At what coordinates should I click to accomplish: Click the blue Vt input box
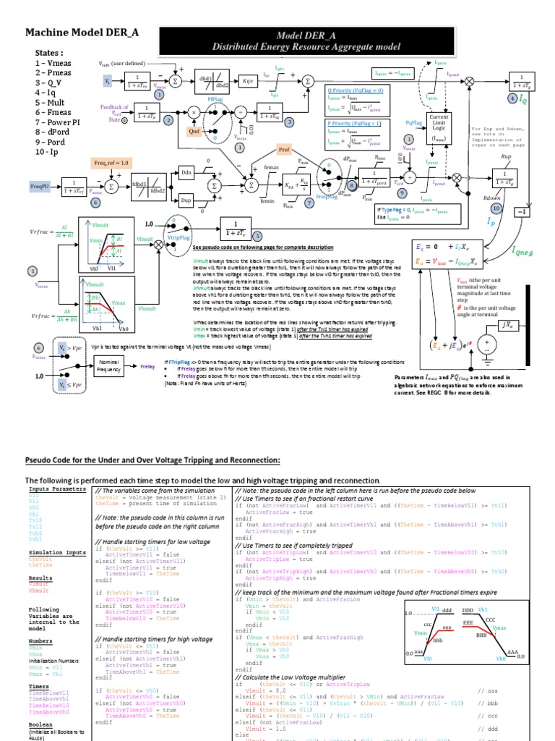[108, 82]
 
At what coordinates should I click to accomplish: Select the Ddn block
[186, 173]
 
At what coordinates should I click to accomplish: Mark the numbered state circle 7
[309, 204]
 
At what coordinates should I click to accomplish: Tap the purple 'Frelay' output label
[147, 366]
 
